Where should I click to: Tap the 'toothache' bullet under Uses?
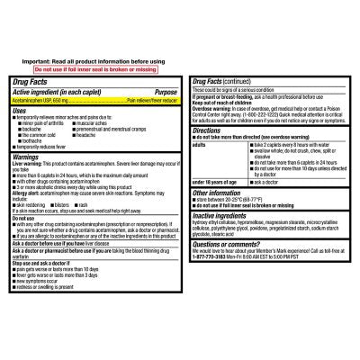37,143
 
